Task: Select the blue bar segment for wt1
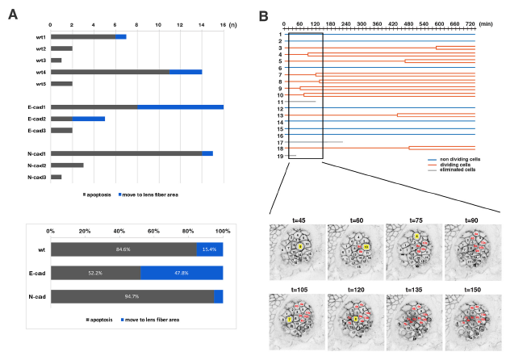pos(121,36)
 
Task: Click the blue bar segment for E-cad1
pos(180,107)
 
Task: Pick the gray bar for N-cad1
pos(126,153)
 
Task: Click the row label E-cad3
pos(36,130)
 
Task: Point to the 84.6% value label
pos(123,249)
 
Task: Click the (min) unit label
pos(487,24)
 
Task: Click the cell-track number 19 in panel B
pos(279,156)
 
